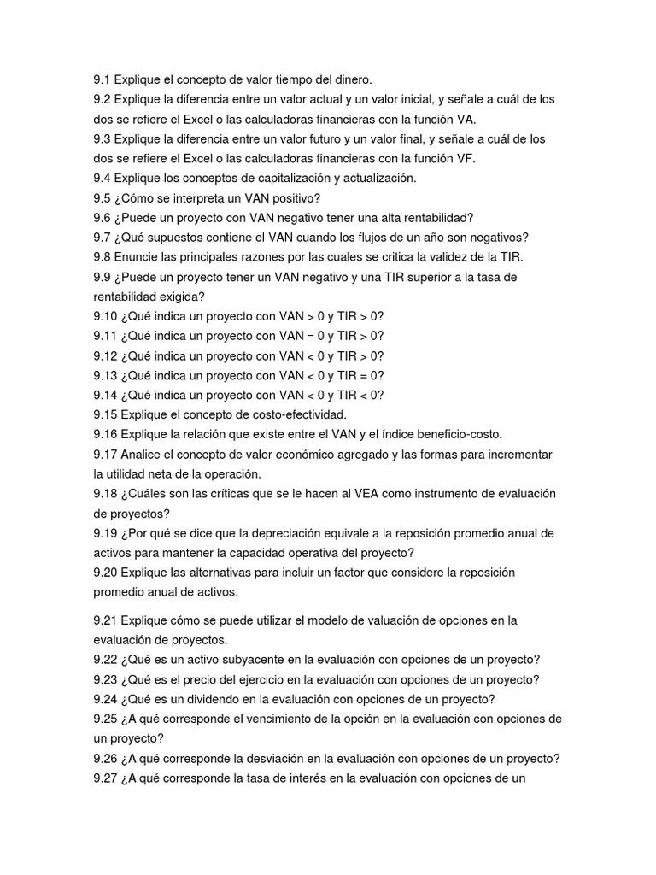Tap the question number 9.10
(x=105, y=316)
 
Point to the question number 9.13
(x=105, y=375)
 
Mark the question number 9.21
(x=105, y=620)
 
